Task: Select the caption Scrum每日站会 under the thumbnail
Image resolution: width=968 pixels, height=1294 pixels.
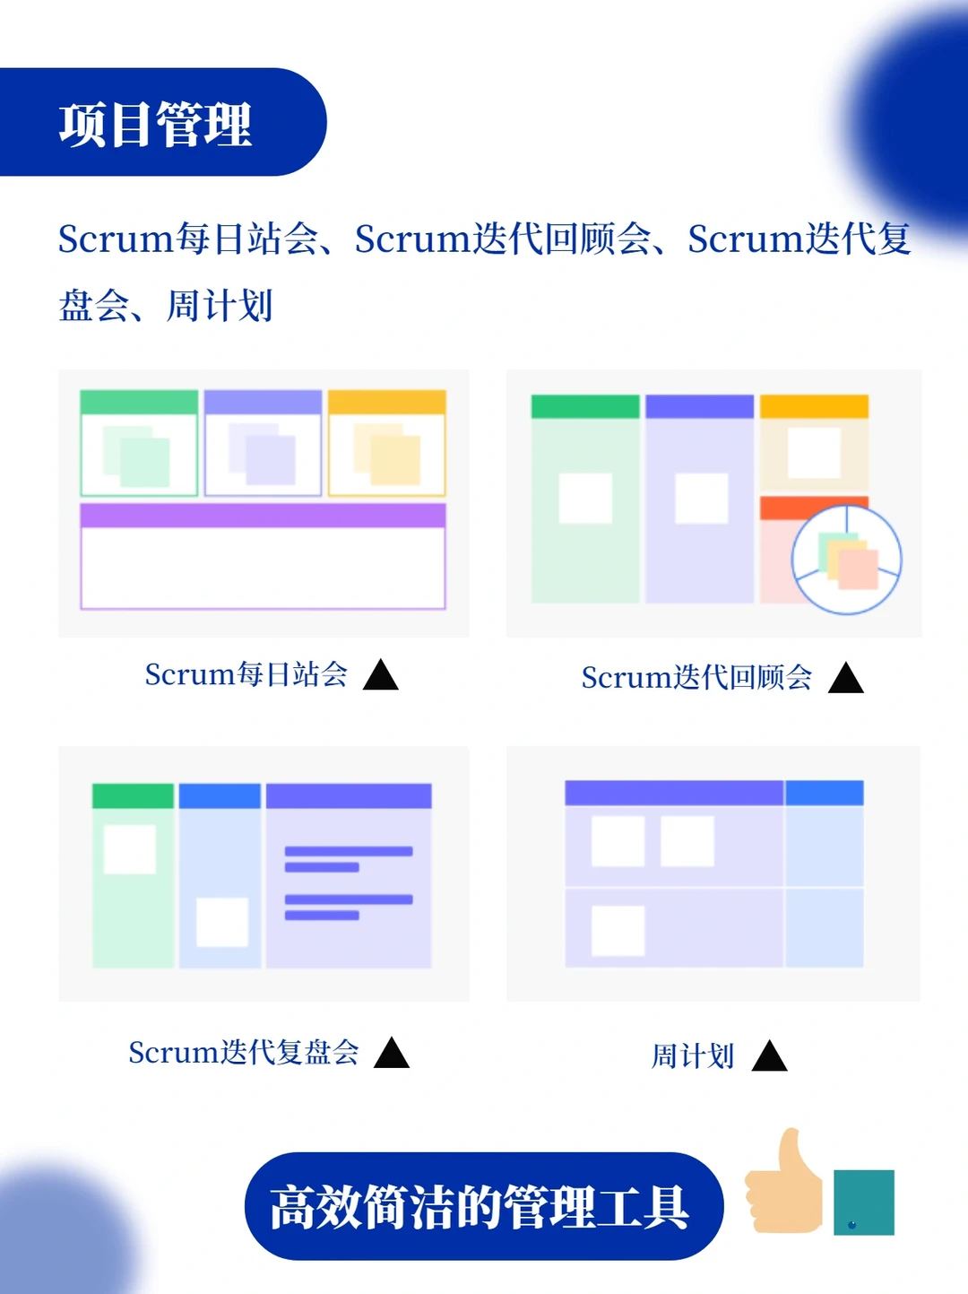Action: tap(246, 674)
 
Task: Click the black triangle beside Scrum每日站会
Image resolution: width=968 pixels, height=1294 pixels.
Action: tap(381, 676)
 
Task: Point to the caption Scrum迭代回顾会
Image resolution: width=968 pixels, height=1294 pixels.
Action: tap(696, 678)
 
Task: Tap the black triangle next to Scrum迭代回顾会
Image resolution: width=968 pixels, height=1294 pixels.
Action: tap(845, 679)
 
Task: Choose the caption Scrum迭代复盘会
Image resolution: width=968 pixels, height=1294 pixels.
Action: tap(243, 1053)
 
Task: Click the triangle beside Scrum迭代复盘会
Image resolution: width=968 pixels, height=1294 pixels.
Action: tap(392, 1054)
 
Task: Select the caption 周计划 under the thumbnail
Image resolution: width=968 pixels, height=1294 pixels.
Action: tap(692, 1056)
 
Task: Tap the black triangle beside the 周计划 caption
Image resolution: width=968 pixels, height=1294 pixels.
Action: tap(769, 1057)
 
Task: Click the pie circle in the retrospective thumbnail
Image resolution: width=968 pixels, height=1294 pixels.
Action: tap(846, 560)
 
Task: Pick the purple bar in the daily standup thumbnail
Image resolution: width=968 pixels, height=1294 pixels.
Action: tap(263, 516)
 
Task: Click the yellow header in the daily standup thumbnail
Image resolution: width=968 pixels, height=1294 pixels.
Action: tap(387, 402)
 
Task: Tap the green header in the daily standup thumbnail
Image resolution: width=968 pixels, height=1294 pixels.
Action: tap(139, 402)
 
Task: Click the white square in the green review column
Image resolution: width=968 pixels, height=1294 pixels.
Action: tap(130, 849)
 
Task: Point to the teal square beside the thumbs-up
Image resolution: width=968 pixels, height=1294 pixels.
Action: tap(864, 1202)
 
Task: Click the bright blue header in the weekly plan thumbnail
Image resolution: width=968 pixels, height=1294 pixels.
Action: tap(824, 793)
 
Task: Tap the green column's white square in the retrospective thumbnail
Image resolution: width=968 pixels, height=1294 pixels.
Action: tap(585, 499)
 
